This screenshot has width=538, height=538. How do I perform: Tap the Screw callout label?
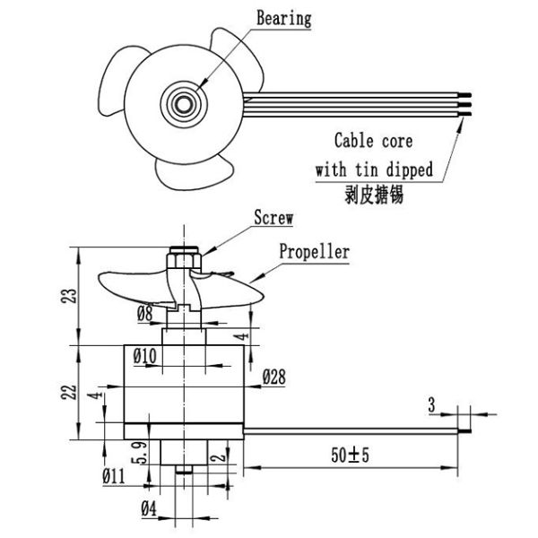(x=274, y=217)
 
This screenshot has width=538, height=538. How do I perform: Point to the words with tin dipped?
(x=374, y=169)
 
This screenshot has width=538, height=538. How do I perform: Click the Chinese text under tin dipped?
(x=374, y=193)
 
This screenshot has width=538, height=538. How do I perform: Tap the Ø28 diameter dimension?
(x=274, y=380)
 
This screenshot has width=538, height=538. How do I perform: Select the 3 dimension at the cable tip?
(x=431, y=408)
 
